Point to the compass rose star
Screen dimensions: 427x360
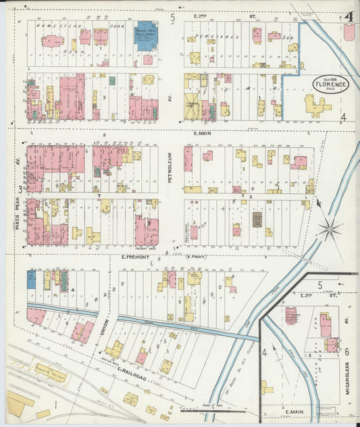point(330,230)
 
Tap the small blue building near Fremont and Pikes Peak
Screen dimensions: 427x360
point(31,279)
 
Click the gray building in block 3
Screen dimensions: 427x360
point(257,220)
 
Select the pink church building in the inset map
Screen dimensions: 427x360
point(291,316)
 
